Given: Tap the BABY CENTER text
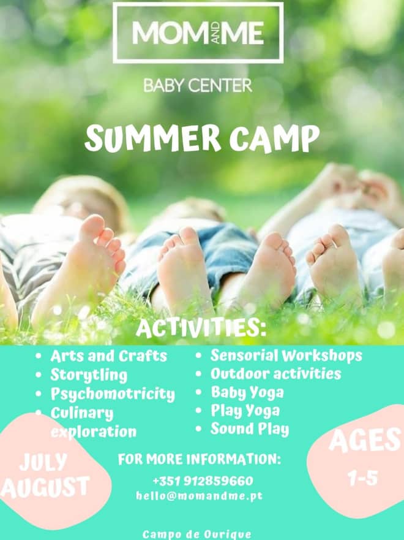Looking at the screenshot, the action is tap(198, 85).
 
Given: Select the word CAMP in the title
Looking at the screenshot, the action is tap(274, 139).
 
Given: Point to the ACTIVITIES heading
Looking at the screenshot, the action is tap(201, 327).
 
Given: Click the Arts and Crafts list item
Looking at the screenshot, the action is tap(108, 356).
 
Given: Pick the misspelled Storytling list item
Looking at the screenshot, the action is tap(89, 375).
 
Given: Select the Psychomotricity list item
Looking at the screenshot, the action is tap(113, 394).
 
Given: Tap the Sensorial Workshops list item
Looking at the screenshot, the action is tap(286, 356).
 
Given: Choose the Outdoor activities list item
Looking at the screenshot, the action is tap(275, 374).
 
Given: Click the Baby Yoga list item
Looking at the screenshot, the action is tap(247, 393).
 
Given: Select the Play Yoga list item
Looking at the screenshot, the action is tap(245, 411).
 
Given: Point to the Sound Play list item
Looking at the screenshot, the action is tap(250, 429).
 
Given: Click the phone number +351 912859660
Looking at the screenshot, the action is tap(203, 481).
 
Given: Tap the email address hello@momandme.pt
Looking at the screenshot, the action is tap(200, 496).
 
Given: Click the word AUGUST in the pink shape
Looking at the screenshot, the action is tap(45, 487).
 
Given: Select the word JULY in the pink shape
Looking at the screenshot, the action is tap(43, 463).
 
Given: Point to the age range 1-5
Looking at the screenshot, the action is tap(362, 478).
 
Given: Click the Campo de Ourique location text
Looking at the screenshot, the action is tap(196, 534).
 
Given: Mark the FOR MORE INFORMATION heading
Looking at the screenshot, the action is tap(200, 459).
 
